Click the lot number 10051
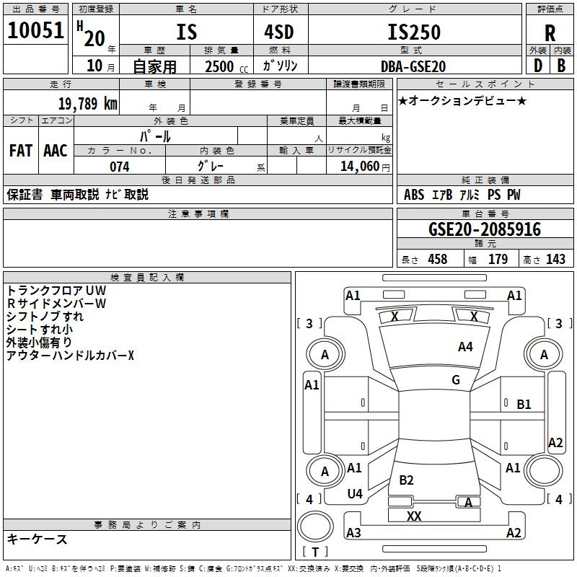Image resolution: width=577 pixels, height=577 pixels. click(x=35, y=30)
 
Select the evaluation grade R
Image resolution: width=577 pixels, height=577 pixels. click(x=550, y=33)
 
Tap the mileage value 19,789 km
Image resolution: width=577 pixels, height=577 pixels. click(x=87, y=104)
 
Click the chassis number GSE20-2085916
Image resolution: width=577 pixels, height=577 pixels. click(x=485, y=229)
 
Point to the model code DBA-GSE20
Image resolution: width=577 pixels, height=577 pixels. click(x=413, y=66)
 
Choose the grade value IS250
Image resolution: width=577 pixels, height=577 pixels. click(x=414, y=32)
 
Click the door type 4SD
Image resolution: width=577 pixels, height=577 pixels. click(x=279, y=32)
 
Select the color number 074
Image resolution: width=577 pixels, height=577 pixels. click(x=120, y=167)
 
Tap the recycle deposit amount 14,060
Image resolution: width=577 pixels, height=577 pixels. click(x=360, y=167)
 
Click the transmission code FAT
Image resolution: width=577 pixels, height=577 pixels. click(x=21, y=151)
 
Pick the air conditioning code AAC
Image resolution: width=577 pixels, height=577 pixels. click(x=56, y=151)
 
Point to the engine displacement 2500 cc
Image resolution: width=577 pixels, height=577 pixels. click(x=226, y=66)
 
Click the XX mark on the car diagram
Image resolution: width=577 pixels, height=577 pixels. click(x=414, y=516)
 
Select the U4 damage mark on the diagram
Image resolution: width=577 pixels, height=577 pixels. click(x=355, y=494)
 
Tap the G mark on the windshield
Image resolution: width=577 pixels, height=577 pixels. click(x=456, y=380)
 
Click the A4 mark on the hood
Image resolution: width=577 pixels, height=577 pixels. click(x=465, y=347)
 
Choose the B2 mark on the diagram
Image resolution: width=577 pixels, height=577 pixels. click(x=406, y=480)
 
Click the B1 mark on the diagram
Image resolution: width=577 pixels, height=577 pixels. click(x=524, y=405)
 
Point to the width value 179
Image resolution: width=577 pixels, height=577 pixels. click(x=498, y=259)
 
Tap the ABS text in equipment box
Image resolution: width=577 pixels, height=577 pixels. click(x=414, y=195)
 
